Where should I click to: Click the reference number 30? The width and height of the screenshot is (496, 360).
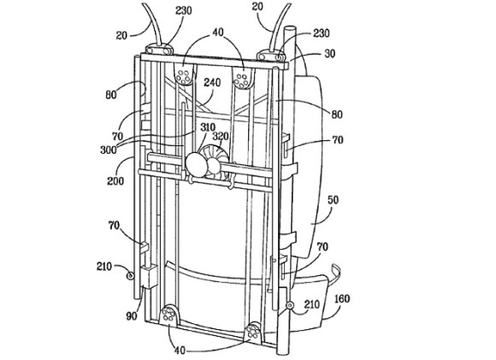coord(329,54)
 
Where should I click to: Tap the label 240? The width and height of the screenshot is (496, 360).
coord(212,83)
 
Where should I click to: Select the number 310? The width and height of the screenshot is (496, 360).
coord(208,127)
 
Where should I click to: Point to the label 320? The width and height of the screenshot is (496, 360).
coord(221,136)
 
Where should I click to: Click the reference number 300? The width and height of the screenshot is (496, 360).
coord(109,149)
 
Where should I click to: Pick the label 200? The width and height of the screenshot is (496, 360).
coord(115,180)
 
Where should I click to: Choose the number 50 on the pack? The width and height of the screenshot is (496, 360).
coord(334,200)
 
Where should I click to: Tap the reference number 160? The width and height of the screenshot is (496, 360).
coord(342,298)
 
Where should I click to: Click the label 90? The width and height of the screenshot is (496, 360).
coord(132,316)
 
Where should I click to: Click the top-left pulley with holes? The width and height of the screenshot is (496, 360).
coord(184,76)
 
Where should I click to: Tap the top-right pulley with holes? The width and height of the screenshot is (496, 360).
coord(243,78)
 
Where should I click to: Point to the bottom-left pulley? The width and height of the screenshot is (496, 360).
coord(169,315)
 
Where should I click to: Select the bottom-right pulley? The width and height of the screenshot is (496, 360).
coord(254,332)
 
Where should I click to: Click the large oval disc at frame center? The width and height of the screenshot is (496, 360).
coord(197,164)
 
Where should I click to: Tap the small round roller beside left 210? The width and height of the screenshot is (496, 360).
coord(130,276)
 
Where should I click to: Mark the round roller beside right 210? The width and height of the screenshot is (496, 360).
coord(289,305)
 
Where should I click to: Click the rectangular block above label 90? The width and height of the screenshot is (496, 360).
coord(148,276)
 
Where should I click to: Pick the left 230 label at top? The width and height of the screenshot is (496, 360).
coord(183,10)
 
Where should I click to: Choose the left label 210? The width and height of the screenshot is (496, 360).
coord(104,266)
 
